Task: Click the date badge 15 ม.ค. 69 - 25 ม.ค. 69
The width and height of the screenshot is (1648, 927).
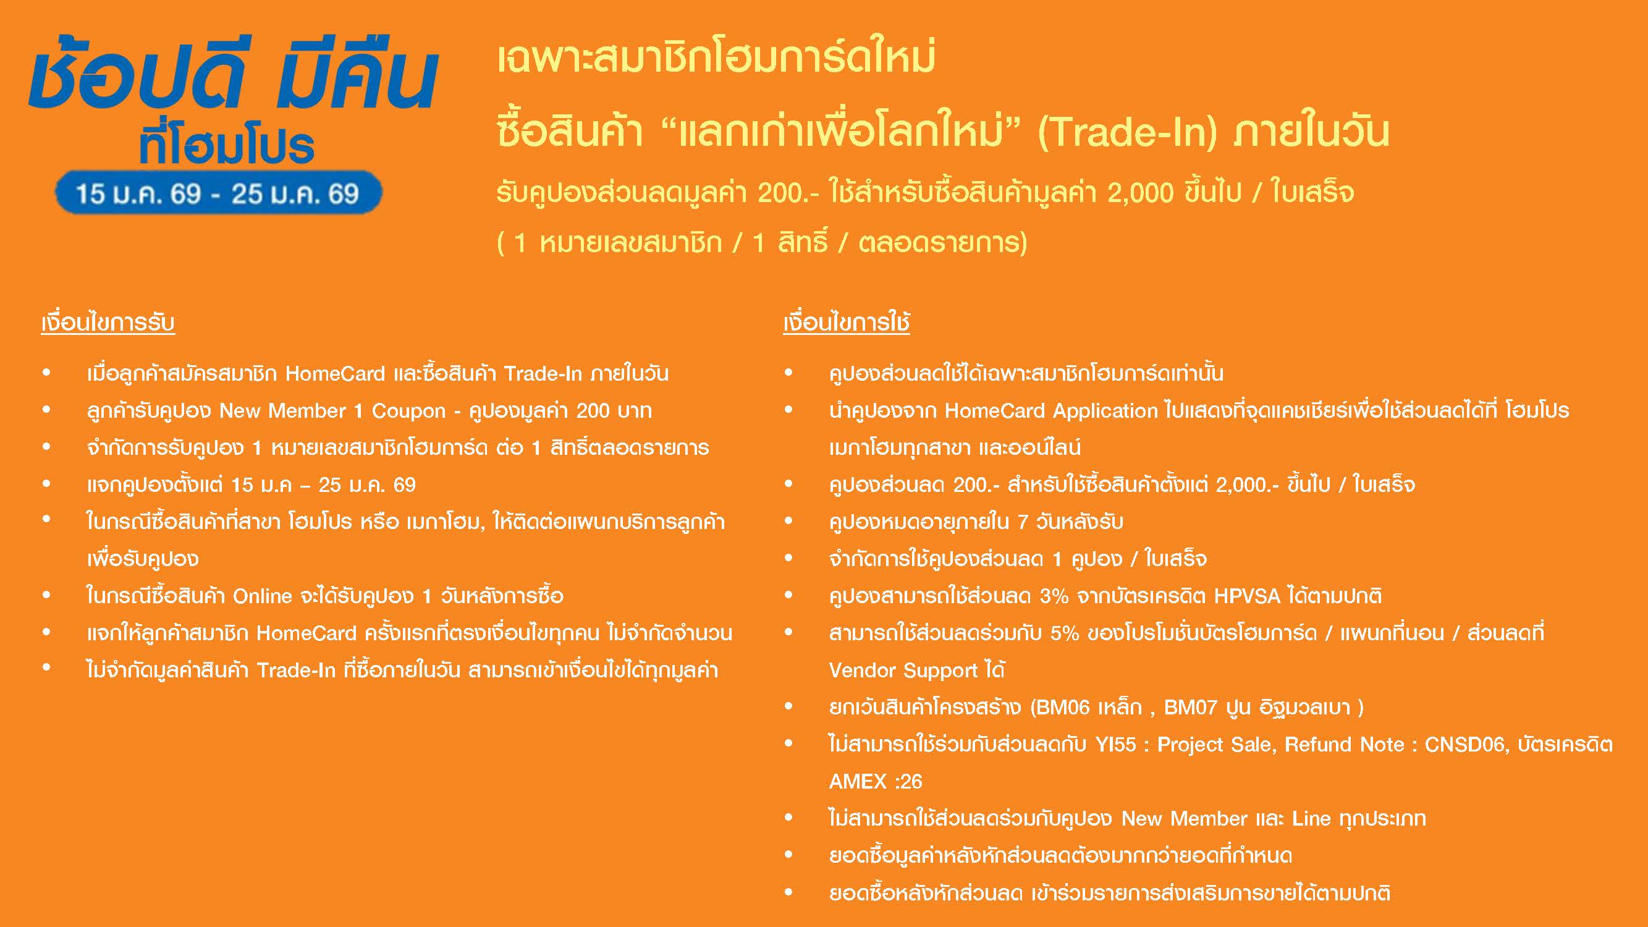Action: point(218,193)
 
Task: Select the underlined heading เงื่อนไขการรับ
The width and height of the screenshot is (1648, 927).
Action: point(108,322)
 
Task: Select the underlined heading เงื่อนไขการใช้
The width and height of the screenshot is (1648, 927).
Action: point(847,322)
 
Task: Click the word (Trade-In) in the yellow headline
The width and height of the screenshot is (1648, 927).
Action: point(1126,132)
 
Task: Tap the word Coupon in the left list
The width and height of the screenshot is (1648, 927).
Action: point(409,411)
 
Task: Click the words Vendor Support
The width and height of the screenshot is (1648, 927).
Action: point(903,671)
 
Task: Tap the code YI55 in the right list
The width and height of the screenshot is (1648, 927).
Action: point(1116,745)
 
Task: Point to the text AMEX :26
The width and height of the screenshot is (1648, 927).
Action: point(875,782)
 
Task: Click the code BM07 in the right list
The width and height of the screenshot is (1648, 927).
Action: point(1190,708)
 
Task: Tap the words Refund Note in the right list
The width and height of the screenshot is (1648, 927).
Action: point(1344,745)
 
